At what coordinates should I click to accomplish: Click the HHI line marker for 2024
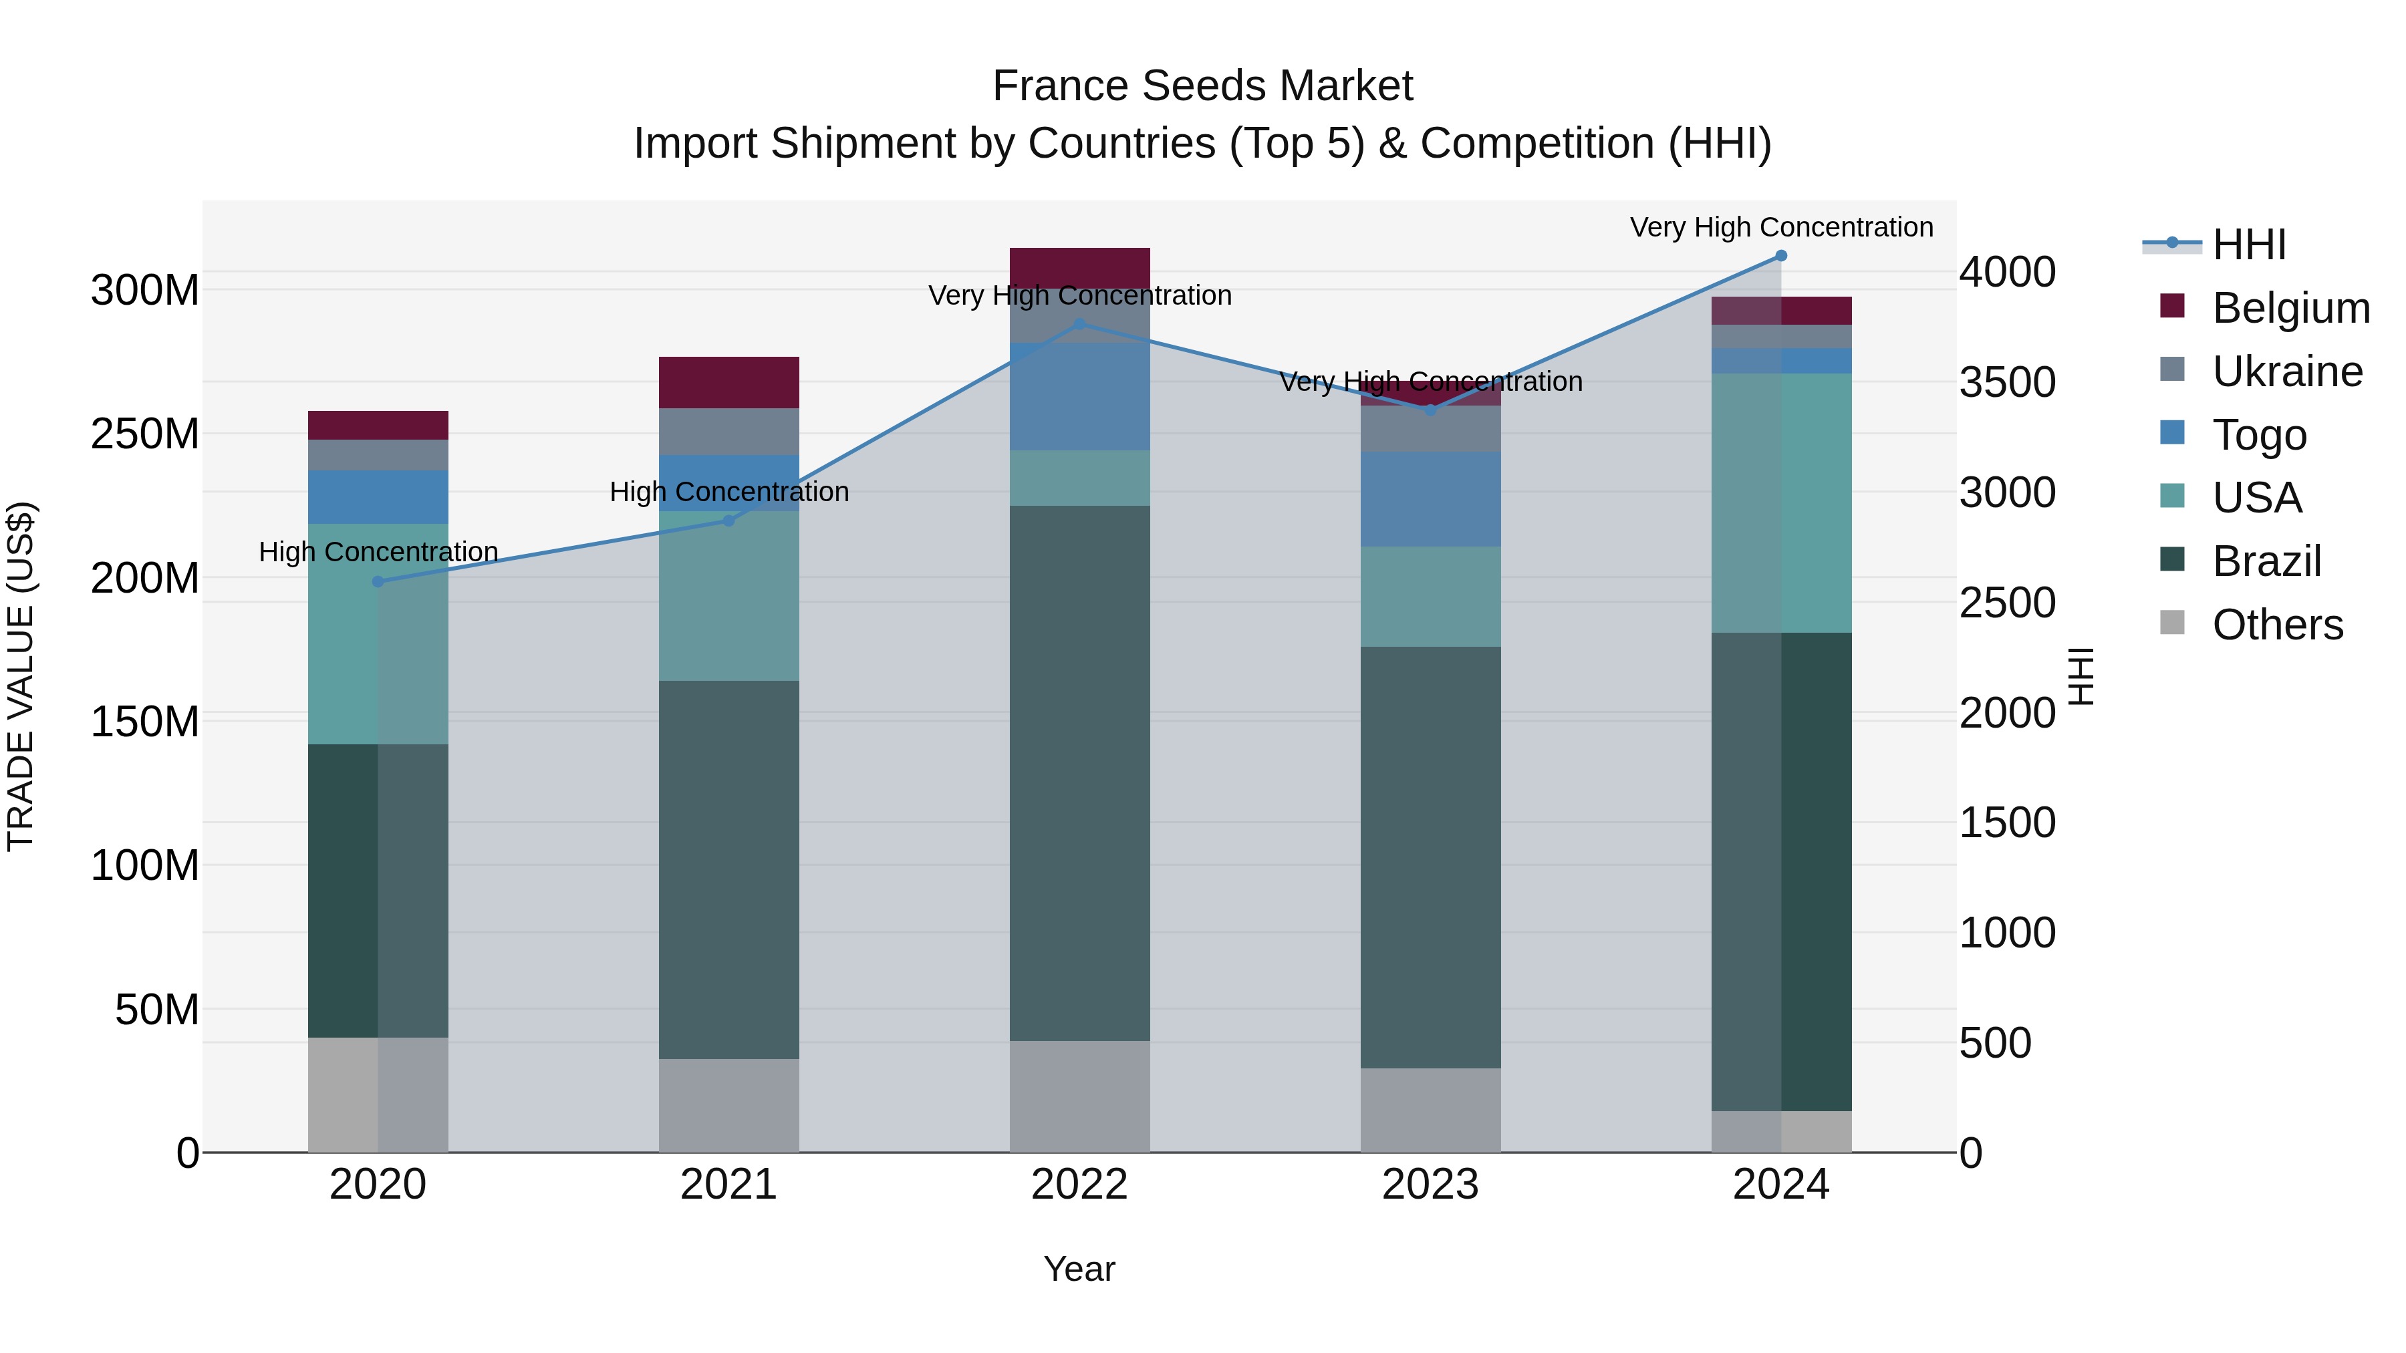point(1780,256)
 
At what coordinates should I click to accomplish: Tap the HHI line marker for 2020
point(378,582)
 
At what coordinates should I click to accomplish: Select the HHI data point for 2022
point(1080,324)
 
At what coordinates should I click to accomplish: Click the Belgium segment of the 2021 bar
point(728,382)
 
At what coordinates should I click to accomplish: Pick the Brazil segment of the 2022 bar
point(1080,773)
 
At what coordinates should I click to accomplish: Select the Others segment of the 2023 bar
point(1430,1110)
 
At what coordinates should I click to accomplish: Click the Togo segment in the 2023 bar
point(1430,500)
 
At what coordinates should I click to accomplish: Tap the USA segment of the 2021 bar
point(728,596)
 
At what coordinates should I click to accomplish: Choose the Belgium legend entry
point(2290,308)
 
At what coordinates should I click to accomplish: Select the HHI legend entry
point(2248,245)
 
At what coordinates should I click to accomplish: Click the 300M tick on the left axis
point(145,291)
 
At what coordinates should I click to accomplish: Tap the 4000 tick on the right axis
point(2007,273)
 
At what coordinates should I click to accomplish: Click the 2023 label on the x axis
point(1430,1185)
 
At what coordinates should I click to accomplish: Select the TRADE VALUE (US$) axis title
point(21,676)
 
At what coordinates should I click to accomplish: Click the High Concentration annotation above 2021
point(728,492)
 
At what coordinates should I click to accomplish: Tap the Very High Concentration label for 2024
point(1780,228)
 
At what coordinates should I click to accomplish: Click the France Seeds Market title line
point(1202,86)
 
